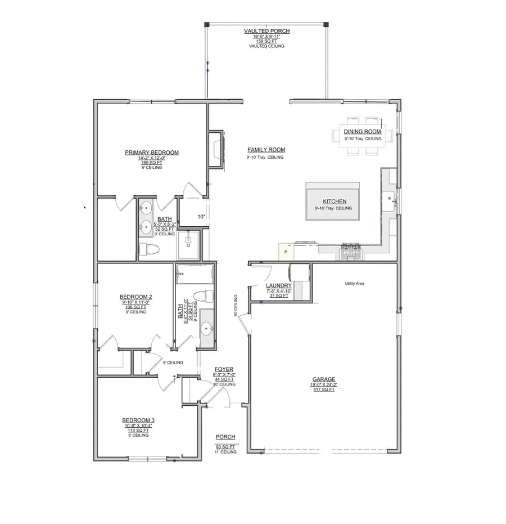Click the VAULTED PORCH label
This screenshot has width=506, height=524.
coord(266,31)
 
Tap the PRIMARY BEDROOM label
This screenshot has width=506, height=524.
coord(152,153)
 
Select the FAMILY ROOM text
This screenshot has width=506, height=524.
coord(266,150)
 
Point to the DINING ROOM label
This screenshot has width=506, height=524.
coord(363,132)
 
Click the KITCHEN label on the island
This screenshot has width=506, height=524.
coord(334,201)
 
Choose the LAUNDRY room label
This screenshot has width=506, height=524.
coord(278,285)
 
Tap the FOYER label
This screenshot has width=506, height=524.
coord(224,369)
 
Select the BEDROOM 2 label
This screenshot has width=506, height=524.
coord(135,297)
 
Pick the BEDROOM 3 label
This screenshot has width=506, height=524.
coord(138,420)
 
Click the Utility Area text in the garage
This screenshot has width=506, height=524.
coord(355,284)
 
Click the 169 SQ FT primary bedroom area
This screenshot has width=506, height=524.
coord(152,163)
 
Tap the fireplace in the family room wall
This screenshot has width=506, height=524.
coord(217,149)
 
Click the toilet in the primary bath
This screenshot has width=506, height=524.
coord(151,249)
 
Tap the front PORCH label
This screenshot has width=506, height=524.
coord(225,437)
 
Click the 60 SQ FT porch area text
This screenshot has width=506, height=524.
coord(225,447)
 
